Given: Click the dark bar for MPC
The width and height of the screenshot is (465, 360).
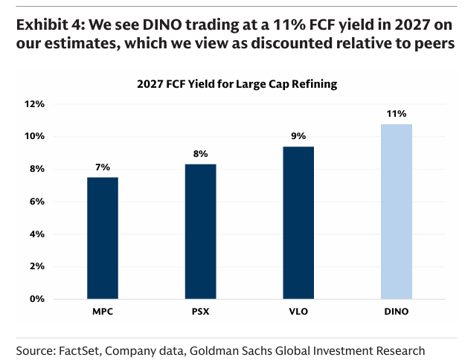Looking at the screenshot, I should pyautogui.click(x=103, y=238).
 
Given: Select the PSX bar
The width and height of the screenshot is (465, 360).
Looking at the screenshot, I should pyautogui.click(x=201, y=231).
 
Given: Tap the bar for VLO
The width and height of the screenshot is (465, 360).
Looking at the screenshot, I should pyautogui.click(x=298, y=223).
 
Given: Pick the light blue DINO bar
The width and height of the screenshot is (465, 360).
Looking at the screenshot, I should pyautogui.click(x=396, y=211).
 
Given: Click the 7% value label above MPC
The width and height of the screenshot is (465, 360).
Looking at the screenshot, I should pyautogui.click(x=103, y=167).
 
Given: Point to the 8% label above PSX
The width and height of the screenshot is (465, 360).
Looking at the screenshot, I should pyautogui.click(x=201, y=154).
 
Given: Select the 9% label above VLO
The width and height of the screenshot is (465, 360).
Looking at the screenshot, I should pyautogui.click(x=298, y=136).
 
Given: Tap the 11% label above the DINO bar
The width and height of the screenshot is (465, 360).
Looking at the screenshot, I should pyautogui.click(x=396, y=114).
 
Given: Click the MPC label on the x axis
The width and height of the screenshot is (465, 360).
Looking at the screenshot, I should pyautogui.click(x=103, y=309).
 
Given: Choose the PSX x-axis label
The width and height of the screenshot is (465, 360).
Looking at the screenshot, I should pyautogui.click(x=201, y=309).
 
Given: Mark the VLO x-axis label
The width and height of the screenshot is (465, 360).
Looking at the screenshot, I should pyautogui.click(x=298, y=309).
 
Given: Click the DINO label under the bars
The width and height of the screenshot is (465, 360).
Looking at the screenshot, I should pyautogui.click(x=396, y=309).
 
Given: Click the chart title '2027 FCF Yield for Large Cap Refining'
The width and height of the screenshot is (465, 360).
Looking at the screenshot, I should pyautogui.click(x=237, y=84).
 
